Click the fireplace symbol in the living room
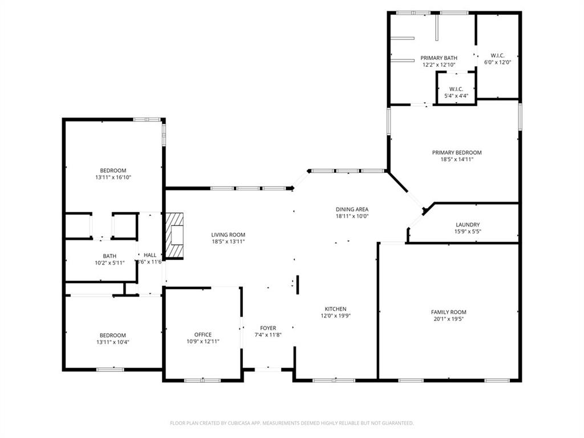(x=176, y=236)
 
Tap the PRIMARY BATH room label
(x=439, y=58)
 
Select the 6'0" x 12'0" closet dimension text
(x=497, y=62)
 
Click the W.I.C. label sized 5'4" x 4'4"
(x=456, y=89)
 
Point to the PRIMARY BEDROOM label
(x=456, y=152)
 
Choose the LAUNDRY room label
(x=468, y=225)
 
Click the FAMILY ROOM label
(x=448, y=312)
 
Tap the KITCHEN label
(x=335, y=309)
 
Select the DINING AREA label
(x=352, y=209)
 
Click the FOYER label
(x=268, y=328)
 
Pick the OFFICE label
(x=202, y=335)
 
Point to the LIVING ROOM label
(x=228, y=234)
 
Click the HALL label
(x=150, y=255)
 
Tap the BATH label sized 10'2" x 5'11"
(x=109, y=256)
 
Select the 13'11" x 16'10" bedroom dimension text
(x=113, y=177)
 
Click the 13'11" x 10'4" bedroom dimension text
(x=113, y=342)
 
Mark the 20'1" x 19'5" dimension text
(x=448, y=319)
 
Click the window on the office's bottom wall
(x=202, y=380)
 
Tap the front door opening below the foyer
(x=267, y=370)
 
